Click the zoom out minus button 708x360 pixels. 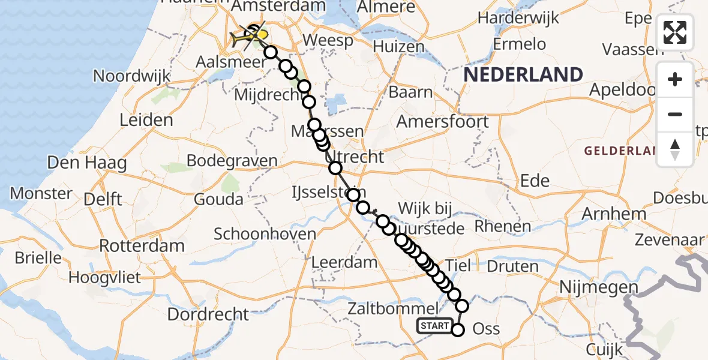click(675, 114)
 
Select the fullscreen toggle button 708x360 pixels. click(675, 32)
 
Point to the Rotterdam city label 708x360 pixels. click(142, 246)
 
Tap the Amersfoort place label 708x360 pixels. click(443, 122)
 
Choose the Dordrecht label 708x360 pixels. click(208, 314)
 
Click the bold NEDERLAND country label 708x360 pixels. click(523, 75)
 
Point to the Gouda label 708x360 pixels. click(218, 200)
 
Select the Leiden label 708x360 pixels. click(146, 120)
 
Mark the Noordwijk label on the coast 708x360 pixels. click(132, 77)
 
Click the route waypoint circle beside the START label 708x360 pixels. click(458, 329)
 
